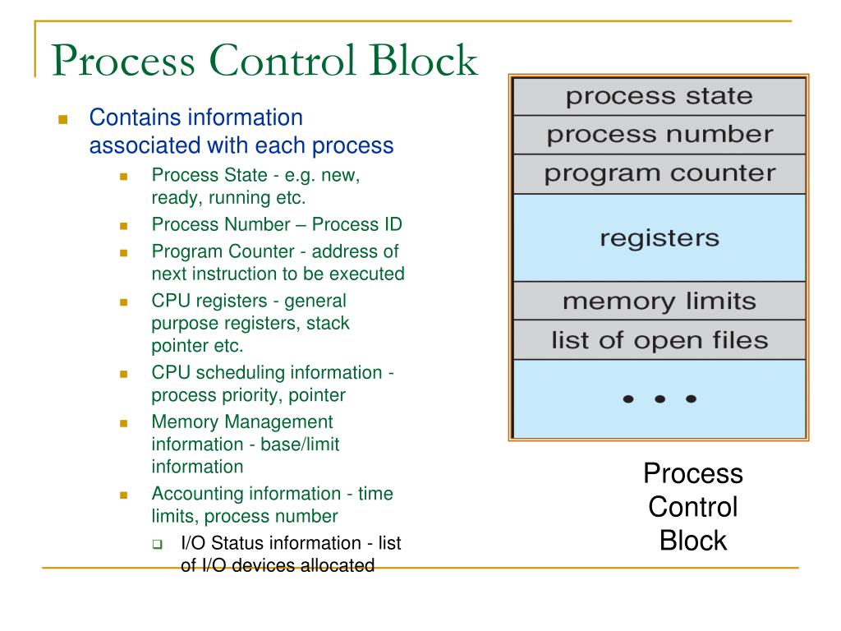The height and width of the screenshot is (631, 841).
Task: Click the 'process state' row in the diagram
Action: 659,97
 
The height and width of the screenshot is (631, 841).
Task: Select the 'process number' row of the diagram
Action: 659,136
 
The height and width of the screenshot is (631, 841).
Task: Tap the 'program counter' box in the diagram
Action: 659,174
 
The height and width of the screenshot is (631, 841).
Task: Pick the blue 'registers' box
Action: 659,237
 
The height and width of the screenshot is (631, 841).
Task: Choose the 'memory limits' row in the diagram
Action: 659,301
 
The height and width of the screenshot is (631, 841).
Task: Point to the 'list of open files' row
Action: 659,340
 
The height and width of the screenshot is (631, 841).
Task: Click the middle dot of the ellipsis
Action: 659,398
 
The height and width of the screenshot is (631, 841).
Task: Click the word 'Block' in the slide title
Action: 423,59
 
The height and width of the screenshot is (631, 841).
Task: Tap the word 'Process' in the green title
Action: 123,59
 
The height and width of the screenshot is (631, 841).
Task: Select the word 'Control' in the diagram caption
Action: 693,507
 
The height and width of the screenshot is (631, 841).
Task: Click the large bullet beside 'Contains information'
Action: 62,119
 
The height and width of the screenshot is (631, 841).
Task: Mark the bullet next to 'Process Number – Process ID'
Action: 123,226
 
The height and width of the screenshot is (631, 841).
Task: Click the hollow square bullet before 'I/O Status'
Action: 157,544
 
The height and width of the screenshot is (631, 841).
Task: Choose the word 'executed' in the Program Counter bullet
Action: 367,274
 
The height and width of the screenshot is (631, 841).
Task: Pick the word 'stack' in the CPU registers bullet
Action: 328,323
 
